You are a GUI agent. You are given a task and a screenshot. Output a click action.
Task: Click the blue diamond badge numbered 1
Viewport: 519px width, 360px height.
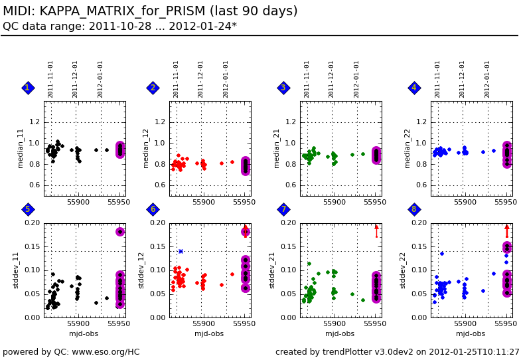click(27, 88)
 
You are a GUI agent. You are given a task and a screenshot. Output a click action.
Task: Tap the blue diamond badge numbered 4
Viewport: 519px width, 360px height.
click(414, 88)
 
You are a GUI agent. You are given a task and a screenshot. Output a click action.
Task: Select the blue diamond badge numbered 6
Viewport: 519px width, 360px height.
click(153, 209)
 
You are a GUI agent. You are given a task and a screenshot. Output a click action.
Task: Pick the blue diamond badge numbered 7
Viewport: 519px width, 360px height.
click(283, 209)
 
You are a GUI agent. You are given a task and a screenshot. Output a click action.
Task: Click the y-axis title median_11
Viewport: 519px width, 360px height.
click(21, 148)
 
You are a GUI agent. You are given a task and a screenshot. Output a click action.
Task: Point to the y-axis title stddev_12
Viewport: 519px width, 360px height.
click(141, 270)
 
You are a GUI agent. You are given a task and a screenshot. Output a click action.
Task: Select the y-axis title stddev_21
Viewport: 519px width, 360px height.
click(272, 270)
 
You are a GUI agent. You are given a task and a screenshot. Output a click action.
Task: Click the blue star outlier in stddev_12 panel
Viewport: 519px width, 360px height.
click(181, 251)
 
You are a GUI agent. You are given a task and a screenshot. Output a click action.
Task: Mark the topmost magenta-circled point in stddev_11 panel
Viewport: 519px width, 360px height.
click(120, 232)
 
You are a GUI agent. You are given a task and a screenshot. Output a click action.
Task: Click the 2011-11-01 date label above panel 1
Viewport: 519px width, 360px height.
click(50, 79)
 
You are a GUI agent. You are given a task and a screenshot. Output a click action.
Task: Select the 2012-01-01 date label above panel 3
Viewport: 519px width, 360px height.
click(356, 79)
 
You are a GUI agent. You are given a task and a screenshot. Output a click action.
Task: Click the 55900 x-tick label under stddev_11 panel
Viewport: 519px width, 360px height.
click(78, 324)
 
